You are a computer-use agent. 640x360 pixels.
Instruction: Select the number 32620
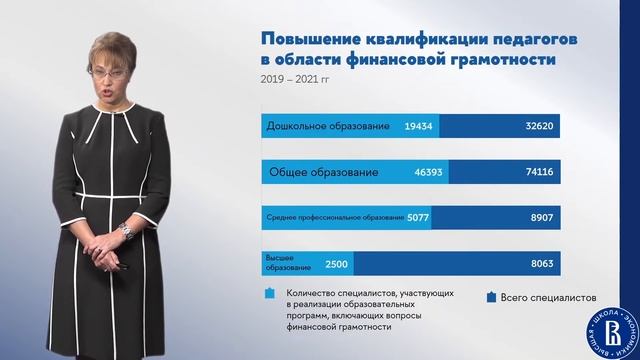[541, 127]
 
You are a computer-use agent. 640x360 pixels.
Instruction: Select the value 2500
[335, 263]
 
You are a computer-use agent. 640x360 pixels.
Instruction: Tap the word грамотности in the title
[513, 61]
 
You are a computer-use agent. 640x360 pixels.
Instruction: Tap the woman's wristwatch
[125, 231]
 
